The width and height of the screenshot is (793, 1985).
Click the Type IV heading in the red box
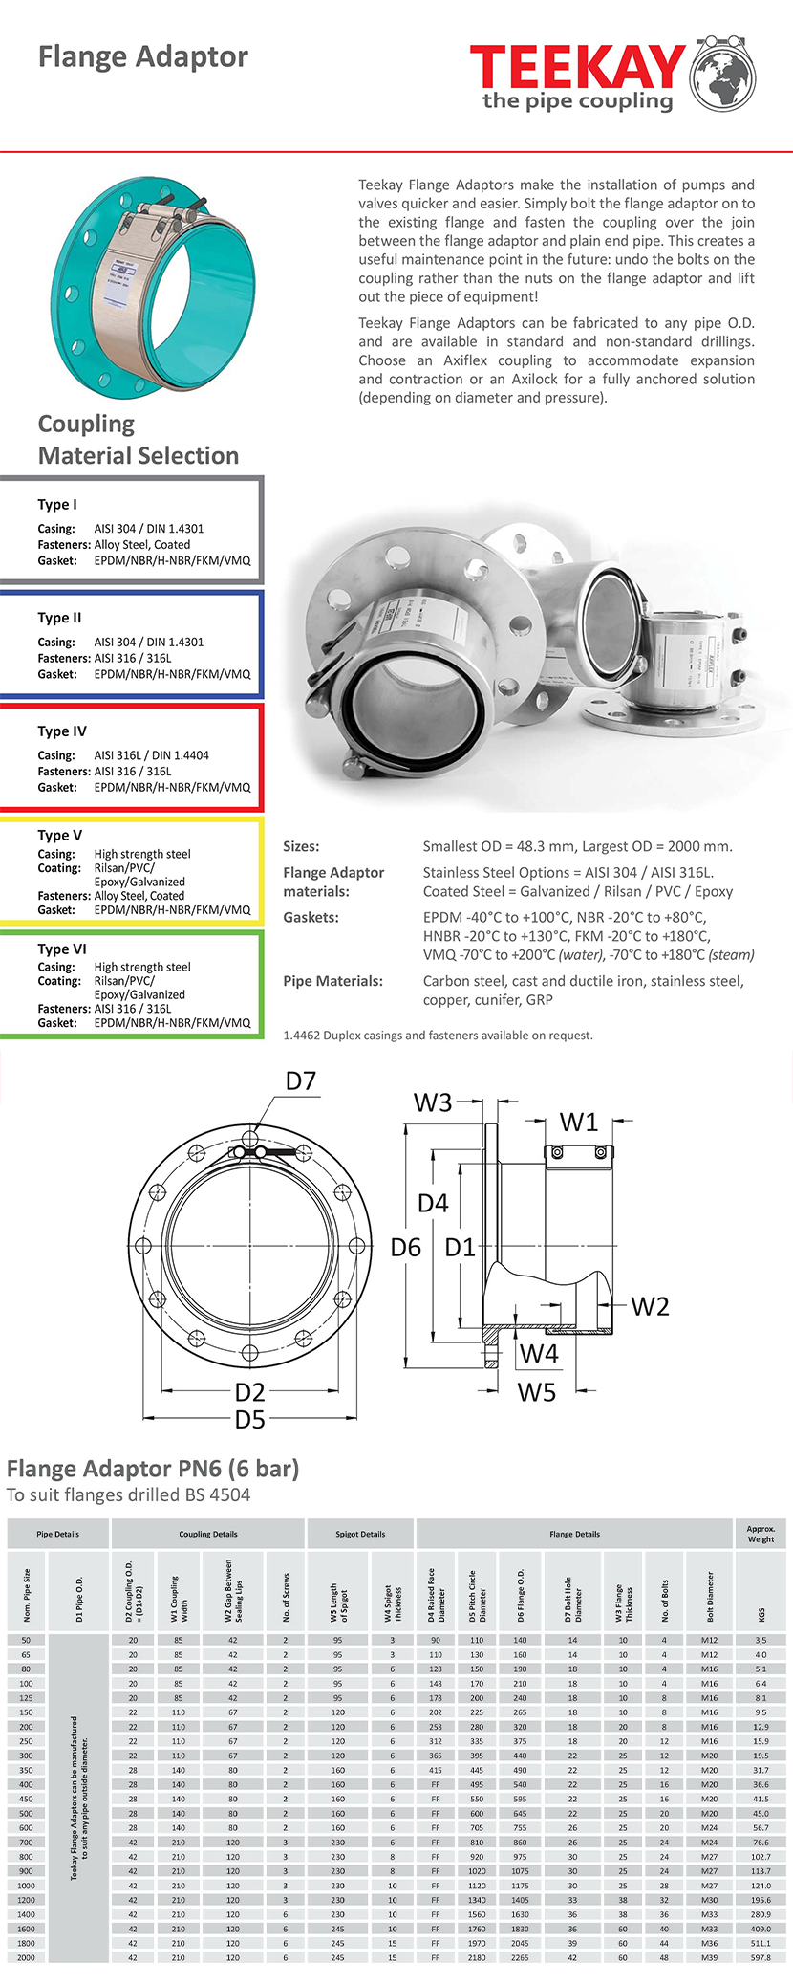(x=62, y=731)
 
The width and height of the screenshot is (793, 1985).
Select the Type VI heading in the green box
(x=62, y=949)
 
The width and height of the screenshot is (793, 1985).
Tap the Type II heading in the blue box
(x=59, y=618)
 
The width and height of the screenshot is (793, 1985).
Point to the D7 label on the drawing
(x=301, y=1081)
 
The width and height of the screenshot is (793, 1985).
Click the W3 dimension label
(x=433, y=1103)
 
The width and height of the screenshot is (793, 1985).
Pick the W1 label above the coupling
(x=578, y=1122)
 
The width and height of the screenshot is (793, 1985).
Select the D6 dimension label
(x=406, y=1248)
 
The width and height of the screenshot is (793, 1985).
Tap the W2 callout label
(x=650, y=1306)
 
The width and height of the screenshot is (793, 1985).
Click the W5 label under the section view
(x=537, y=1392)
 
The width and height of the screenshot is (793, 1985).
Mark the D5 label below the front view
(x=250, y=1420)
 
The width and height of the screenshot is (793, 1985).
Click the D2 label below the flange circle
(x=250, y=1392)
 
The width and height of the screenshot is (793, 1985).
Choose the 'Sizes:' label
(x=302, y=846)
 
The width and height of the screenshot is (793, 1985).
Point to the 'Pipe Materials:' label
(x=333, y=981)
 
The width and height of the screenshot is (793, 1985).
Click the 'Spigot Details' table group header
(x=360, y=1534)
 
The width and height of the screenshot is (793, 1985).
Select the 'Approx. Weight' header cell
(x=761, y=1534)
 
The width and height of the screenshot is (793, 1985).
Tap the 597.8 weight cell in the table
(x=761, y=1957)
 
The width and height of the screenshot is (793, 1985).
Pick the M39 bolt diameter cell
(x=709, y=1957)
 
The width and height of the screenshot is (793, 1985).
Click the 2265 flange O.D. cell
(x=520, y=1957)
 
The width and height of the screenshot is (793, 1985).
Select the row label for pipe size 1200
(x=26, y=1900)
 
